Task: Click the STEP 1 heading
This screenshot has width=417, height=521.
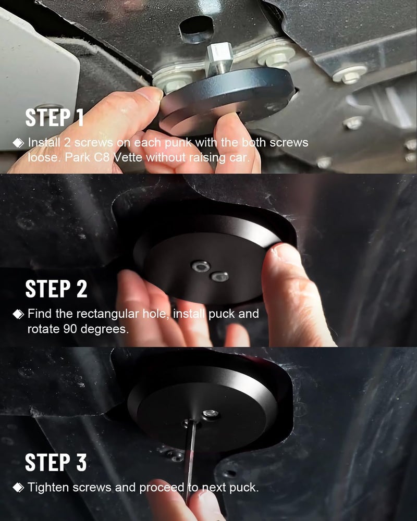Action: [54, 117]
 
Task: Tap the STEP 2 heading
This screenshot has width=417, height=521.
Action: [56, 289]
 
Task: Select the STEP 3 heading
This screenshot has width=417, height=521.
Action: [56, 462]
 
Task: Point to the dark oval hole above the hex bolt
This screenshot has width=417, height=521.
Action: [196, 29]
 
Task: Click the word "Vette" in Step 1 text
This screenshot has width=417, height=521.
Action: [128, 157]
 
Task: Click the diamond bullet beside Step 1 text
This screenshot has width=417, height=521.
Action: [18, 143]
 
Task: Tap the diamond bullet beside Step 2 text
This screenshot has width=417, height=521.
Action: [18, 314]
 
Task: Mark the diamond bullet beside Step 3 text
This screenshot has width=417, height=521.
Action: [18, 488]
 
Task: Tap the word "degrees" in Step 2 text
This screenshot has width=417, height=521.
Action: [104, 329]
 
